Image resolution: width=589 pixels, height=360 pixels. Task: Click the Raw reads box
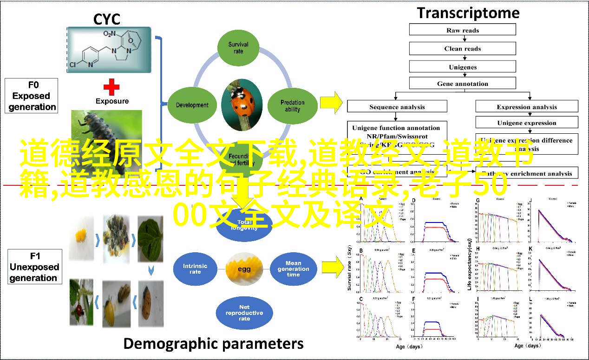[x=462, y=30]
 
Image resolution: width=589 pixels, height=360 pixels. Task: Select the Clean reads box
[x=462, y=48]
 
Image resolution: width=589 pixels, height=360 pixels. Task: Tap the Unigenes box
[x=462, y=66]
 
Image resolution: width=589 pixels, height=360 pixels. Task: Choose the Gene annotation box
[x=462, y=84]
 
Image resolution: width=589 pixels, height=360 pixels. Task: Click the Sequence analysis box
[x=397, y=106]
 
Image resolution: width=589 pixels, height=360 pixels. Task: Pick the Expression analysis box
[x=527, y=106]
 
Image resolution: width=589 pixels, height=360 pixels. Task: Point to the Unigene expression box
[x=527, y=123]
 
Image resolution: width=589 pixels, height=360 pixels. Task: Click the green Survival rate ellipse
[x=238, y=47]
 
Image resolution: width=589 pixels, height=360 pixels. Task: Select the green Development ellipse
[x=192, y=105]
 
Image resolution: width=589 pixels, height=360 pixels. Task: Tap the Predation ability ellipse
[x=293, y=106]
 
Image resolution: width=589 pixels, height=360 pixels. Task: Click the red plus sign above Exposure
[x=111, y=86]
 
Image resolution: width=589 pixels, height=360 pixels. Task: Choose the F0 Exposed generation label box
[x=32, y=96]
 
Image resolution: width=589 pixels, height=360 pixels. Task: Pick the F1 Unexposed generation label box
[x=34, y=267]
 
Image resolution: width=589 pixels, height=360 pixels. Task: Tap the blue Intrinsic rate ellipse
[x=195, y=269]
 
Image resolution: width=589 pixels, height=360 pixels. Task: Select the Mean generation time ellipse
[x=293, y=269]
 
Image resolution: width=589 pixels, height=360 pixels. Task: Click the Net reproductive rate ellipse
[x=244, y=313]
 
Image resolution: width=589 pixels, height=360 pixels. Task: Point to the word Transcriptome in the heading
[x=468, y=13]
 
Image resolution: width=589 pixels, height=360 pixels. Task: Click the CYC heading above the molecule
[x=107, y=19]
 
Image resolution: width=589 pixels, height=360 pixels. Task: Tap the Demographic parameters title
[x=213, y=344]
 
